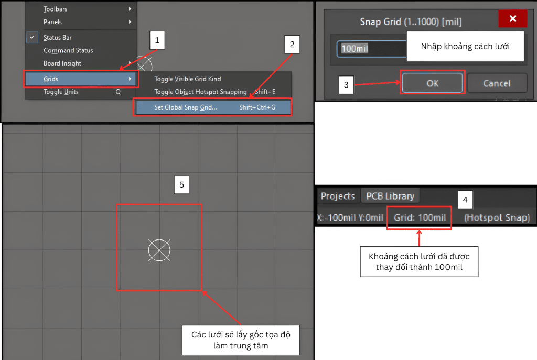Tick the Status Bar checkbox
click(32, 37)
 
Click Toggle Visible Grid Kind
click(187, 79)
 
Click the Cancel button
click(497, 83)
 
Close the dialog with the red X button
click(513, 18)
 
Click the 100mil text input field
click(372, 49)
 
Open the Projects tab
click(338, 196)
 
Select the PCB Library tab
click(390, 196)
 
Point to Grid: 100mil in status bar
click(420, 217)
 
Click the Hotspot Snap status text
click(497, 217)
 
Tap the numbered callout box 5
click(181, 185)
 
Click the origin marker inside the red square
click(159, 250)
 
